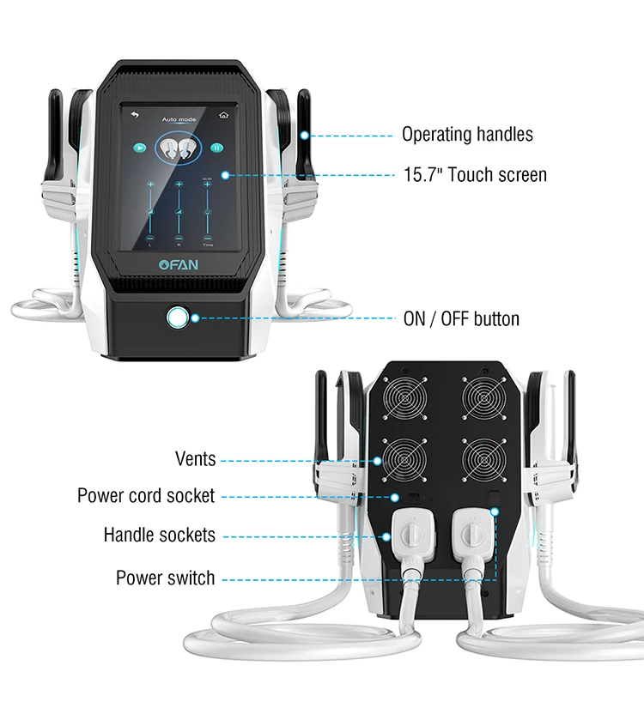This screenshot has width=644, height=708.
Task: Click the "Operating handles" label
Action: (467, 135)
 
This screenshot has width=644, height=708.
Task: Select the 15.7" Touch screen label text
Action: (474, 175)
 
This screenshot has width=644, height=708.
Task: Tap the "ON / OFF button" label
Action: (461, 319)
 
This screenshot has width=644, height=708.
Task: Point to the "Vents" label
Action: (195, 460)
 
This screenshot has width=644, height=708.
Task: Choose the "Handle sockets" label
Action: (160, 536)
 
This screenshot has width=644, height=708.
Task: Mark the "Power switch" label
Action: (166, 578)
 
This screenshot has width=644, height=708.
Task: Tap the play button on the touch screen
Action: (138, 148)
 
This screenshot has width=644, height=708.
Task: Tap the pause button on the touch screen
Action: (217, 148)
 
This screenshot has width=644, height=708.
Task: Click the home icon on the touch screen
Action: (224, 113)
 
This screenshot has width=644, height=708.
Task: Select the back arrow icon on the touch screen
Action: (134, 113)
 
